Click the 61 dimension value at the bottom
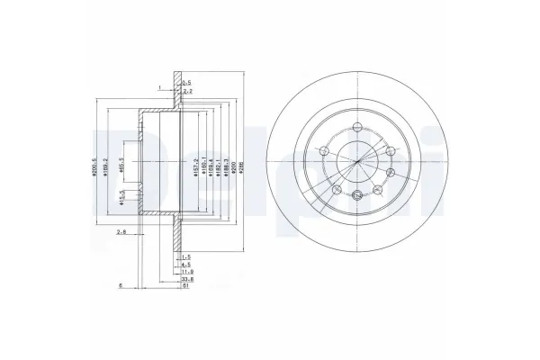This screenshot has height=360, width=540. click(x=185, y=288)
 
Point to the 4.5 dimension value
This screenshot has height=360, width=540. click(x=185, y=265)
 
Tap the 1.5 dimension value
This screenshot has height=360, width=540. click(x=185, y=256)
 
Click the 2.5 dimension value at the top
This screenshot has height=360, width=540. click(x=187, y=83)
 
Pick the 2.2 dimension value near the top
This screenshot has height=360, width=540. click(x=187, y=91)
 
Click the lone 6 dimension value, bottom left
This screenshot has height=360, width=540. click(x=121, y=287)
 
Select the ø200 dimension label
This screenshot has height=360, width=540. click(x=236, y=166)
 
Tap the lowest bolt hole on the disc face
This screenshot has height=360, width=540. click(x=358, y=196)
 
